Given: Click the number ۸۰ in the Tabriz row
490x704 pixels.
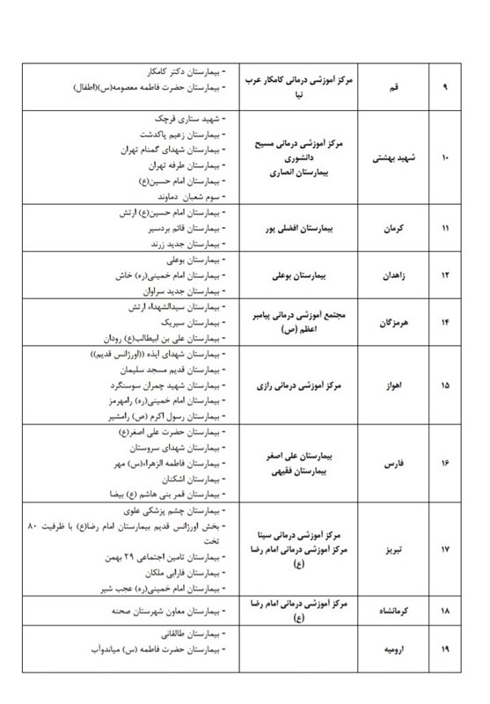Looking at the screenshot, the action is click(26, 526).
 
